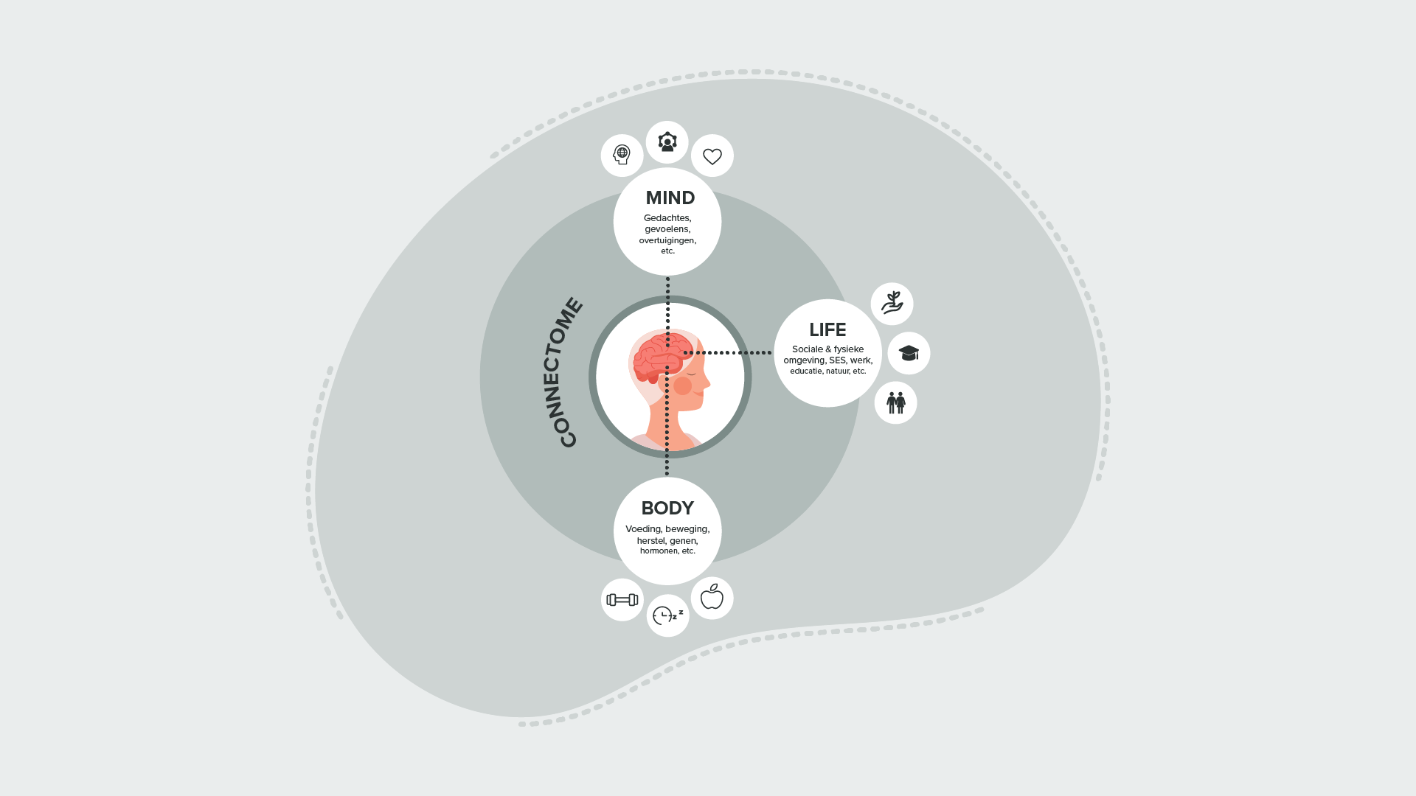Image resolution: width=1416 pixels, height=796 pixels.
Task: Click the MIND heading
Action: (670, 198)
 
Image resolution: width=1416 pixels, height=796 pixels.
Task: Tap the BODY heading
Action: (667, 508)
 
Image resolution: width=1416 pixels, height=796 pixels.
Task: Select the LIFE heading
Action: (827, 329)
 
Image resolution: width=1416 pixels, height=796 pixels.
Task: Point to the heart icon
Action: (712, 156)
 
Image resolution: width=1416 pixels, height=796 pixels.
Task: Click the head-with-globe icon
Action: (622, 155)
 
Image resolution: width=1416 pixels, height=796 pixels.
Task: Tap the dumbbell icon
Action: (622, 600)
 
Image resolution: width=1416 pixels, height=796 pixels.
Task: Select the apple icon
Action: (712, 597)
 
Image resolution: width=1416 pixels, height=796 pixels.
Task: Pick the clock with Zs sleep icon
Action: (667, 615)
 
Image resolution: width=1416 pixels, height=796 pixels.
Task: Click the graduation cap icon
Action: (909, 353)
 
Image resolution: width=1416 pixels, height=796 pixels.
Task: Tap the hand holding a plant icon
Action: (892, 303)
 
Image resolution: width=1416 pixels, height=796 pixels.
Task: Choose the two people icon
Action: (895, 402)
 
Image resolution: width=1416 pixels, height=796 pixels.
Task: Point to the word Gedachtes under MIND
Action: (667, 218)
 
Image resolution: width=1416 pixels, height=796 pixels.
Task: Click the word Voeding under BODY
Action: (643, 529)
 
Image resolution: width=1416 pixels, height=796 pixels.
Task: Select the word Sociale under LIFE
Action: (807, 349)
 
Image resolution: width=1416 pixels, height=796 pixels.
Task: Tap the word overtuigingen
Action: (667, 240)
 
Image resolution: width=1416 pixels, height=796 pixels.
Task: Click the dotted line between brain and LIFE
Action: (730, 352)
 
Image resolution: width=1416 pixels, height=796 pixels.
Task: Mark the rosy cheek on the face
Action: (683, 385)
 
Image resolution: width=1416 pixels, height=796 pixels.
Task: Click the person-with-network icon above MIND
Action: (667, 142)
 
